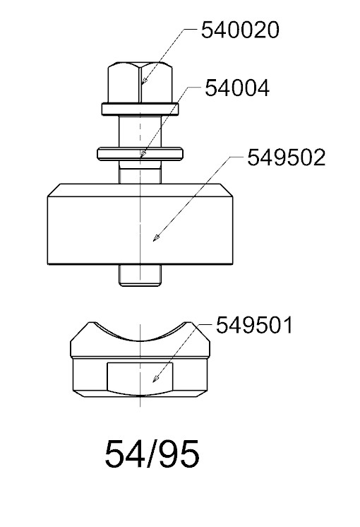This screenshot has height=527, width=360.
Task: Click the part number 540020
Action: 240,30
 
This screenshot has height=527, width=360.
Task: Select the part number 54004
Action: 237,88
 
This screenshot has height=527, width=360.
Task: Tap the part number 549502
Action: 287,158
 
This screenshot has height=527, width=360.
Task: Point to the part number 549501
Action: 254,326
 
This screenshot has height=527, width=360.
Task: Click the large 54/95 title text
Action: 152,454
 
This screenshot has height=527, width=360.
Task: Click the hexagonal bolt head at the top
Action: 140,82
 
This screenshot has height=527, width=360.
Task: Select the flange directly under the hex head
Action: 140,109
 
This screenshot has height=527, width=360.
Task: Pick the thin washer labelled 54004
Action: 140,153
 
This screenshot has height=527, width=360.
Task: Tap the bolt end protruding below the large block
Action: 140,276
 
